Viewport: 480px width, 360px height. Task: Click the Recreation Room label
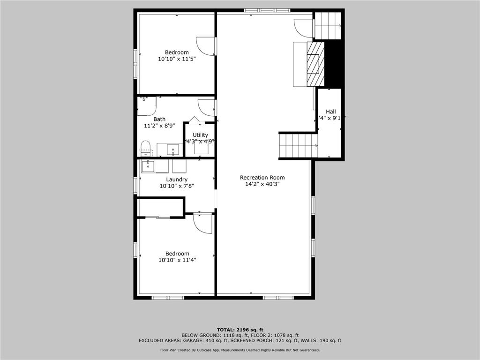point(262,178)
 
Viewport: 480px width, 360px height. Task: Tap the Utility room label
point(200,135)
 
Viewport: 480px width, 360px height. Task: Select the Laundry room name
point(177,180)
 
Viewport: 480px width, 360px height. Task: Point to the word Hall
point(331,112)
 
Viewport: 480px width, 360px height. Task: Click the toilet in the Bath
point(145,148)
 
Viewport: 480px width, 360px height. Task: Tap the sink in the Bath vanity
point(173,150)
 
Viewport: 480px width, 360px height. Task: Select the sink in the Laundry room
point(148,165)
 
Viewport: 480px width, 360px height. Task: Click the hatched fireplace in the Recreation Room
point(315,64)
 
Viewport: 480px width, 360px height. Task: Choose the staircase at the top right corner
point(328,26)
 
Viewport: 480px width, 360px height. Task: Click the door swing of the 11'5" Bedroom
point(205,45)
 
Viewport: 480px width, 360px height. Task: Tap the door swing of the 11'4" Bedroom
point(203,224)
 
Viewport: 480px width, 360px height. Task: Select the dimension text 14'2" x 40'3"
point(262,185)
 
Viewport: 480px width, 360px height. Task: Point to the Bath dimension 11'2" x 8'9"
point(159,126)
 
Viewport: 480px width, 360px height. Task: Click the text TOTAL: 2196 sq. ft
point(240,329)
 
